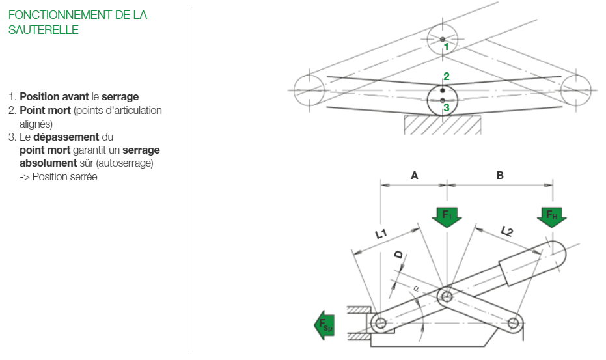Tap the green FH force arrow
[552, 215]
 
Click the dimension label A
[415, 175]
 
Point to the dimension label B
[500, 175]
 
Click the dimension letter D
[398, 255]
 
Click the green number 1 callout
[447, 47]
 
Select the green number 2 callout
[447, 77]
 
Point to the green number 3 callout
[447, 107]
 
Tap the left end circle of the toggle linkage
[309, 89]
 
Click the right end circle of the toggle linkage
[576, 89]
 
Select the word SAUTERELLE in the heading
[44, 30]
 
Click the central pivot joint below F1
[446, 298]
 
